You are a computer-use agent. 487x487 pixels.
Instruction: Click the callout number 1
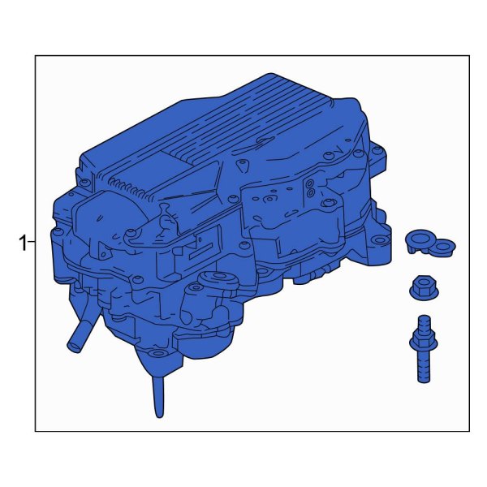coord(23,243)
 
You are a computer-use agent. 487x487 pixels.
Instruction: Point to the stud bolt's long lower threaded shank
coord(424,366)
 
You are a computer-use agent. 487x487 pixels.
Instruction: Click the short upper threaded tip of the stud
coord(424,323)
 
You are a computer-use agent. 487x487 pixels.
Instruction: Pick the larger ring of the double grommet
coord(420,239)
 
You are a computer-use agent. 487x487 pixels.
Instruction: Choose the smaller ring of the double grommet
coord(444,247)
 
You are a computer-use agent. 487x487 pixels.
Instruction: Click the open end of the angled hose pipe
coord(74,347)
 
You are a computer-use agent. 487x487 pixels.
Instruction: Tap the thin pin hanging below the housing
coord(158,397)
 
